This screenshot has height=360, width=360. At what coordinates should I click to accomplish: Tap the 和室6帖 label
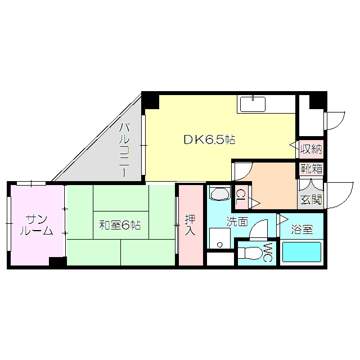(x=120, y=225)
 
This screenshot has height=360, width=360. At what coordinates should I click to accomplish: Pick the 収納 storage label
(x=311, y=149)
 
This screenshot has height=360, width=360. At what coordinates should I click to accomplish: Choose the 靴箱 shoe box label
(x=311, y=168)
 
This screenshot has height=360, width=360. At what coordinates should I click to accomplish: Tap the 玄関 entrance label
(x=310, y=199)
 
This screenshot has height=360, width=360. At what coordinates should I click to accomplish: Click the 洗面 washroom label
(x=237, y=222)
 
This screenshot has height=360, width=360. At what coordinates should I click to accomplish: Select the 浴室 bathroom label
(x=302, y=229)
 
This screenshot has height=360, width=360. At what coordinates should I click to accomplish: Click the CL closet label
(x=240, y=197)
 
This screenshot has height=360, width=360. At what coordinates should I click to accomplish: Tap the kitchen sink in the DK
(x=253, y=105)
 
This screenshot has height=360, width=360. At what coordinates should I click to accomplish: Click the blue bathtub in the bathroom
(x=301, y=252)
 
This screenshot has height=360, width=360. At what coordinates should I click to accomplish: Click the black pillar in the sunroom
(x=57, y=262)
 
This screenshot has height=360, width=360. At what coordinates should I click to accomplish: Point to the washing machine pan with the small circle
(x=219, y=238)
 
